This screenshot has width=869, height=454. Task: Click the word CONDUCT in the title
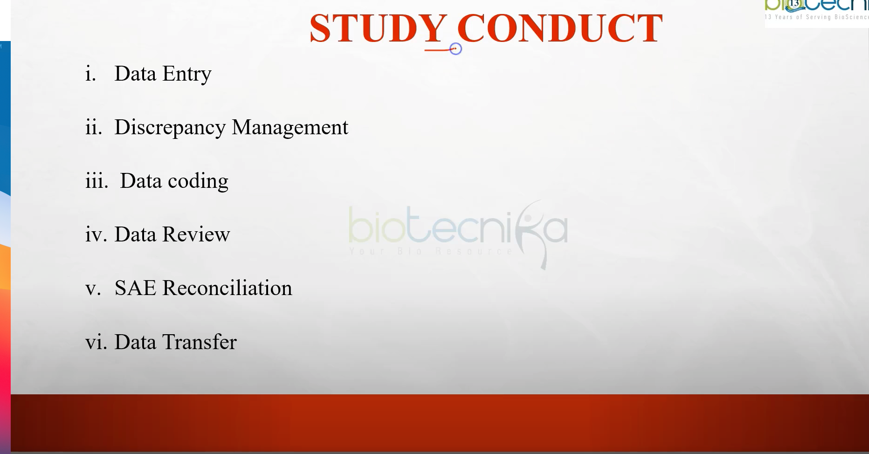coord(560,28)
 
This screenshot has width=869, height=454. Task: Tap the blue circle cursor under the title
coord(455,49)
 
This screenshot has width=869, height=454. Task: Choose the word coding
coord(198,181)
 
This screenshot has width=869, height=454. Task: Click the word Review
coord(196,234)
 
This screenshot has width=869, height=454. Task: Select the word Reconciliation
coord(227,288)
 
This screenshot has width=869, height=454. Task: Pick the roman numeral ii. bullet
coord(94,127)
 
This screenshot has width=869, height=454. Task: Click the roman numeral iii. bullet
coord(97,181)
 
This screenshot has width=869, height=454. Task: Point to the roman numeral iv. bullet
coord(96,234)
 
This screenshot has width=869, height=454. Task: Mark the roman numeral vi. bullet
coord(96,342)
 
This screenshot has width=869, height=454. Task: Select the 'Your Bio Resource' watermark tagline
coord(431,251)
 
